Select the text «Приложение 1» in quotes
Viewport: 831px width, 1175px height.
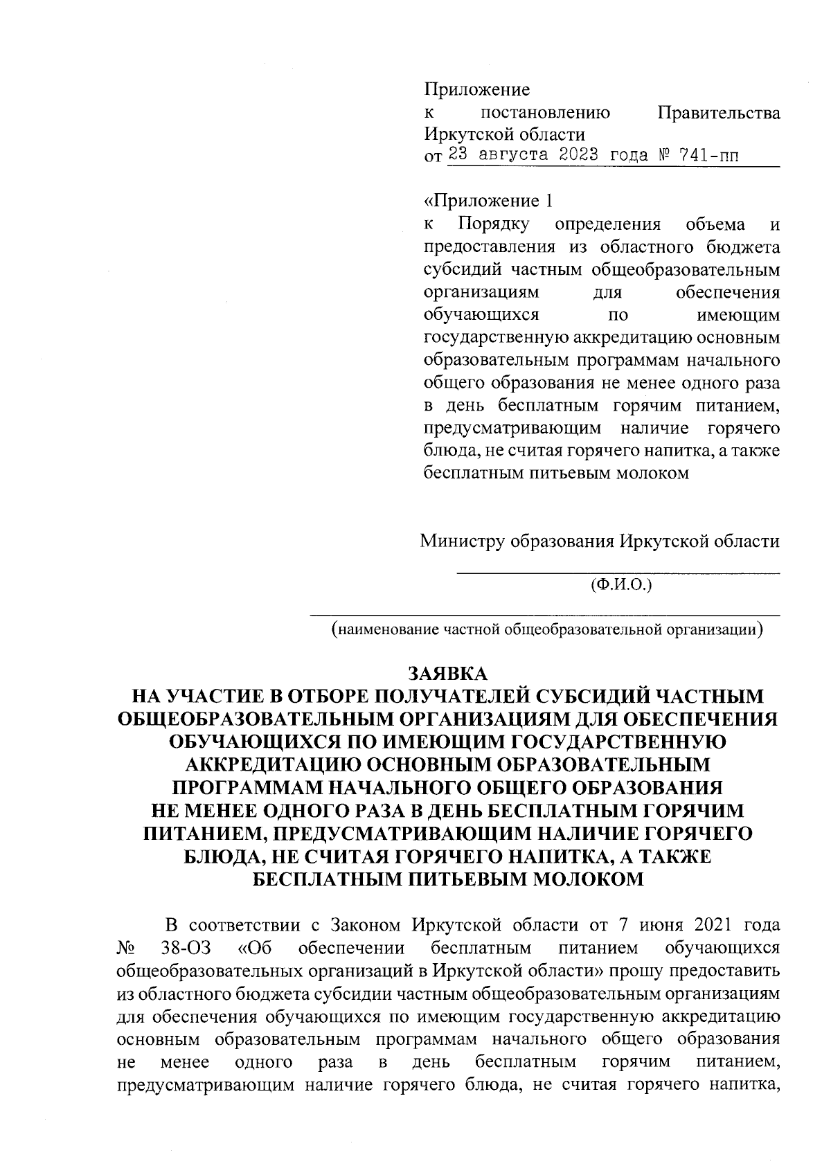click(489, 201)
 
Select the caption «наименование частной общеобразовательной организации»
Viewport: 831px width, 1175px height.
click(547, 629)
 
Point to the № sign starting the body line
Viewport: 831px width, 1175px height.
click(127, 948)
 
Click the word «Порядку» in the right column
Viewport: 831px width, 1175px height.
click(493, 224)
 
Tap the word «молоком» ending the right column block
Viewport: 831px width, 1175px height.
click(654, 474)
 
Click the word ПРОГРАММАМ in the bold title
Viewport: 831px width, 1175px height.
click(244, 788)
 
